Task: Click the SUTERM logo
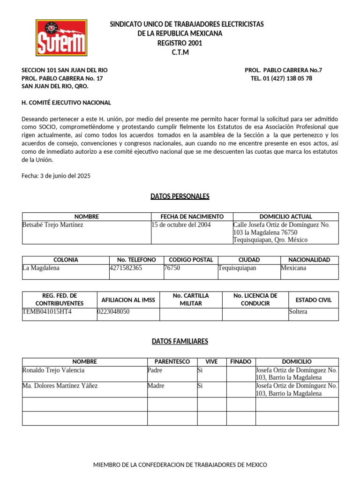click(x=61, y=37)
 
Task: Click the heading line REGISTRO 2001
click(x=180, y=43)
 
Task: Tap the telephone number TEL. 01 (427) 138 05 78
click(x=281, y=78)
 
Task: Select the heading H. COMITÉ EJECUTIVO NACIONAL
click(x=66, y=103)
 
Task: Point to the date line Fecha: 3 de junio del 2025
click(x=56, y=176)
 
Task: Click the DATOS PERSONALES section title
click(x=180, y=196)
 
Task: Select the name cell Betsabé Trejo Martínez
click(x=53, y=225)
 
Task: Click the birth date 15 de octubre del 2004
click(x=181, y=225)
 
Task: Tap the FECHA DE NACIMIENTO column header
click(x=192, y=217)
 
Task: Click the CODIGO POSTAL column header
click(x=191, y=260)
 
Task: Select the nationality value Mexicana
click(x=293, y=268)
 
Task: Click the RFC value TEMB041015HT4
click(x=47, y=312)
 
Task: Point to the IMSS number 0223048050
click(x=113, y=312)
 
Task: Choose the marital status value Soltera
click(x=299, y=312)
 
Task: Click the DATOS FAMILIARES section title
click(x=180, y=342)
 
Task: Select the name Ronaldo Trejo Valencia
click(x=53, y=370)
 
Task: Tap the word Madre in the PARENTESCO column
click(x=156, y=386)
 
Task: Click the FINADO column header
click(x=240, y=362)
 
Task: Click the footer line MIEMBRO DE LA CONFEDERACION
click(x=180, y=465)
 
